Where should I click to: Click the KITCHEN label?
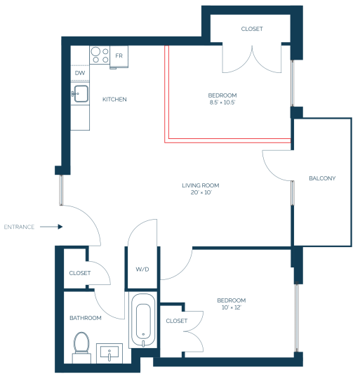point(114,100)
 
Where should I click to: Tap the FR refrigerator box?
point(119,56)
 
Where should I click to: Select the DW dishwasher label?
point(80,73)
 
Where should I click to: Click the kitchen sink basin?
point(81,94)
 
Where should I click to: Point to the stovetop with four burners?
point(100,55)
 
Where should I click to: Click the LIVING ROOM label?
point(201,185)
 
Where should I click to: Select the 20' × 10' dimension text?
point(201,192)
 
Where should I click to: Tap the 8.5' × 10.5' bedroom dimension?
point(222,102)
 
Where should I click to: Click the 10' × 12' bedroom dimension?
point(232,307)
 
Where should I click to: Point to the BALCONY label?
point(322,178)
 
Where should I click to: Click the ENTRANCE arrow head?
point(60,227)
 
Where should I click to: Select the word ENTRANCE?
point(19,227)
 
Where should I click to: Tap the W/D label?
point(142,270)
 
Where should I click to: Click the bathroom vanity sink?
point(109,353)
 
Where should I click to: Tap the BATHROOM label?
point(86,318)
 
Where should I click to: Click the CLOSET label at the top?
point(252,29)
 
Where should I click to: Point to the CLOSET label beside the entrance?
point(80,273)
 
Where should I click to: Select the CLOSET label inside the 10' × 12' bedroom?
point(177,321)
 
